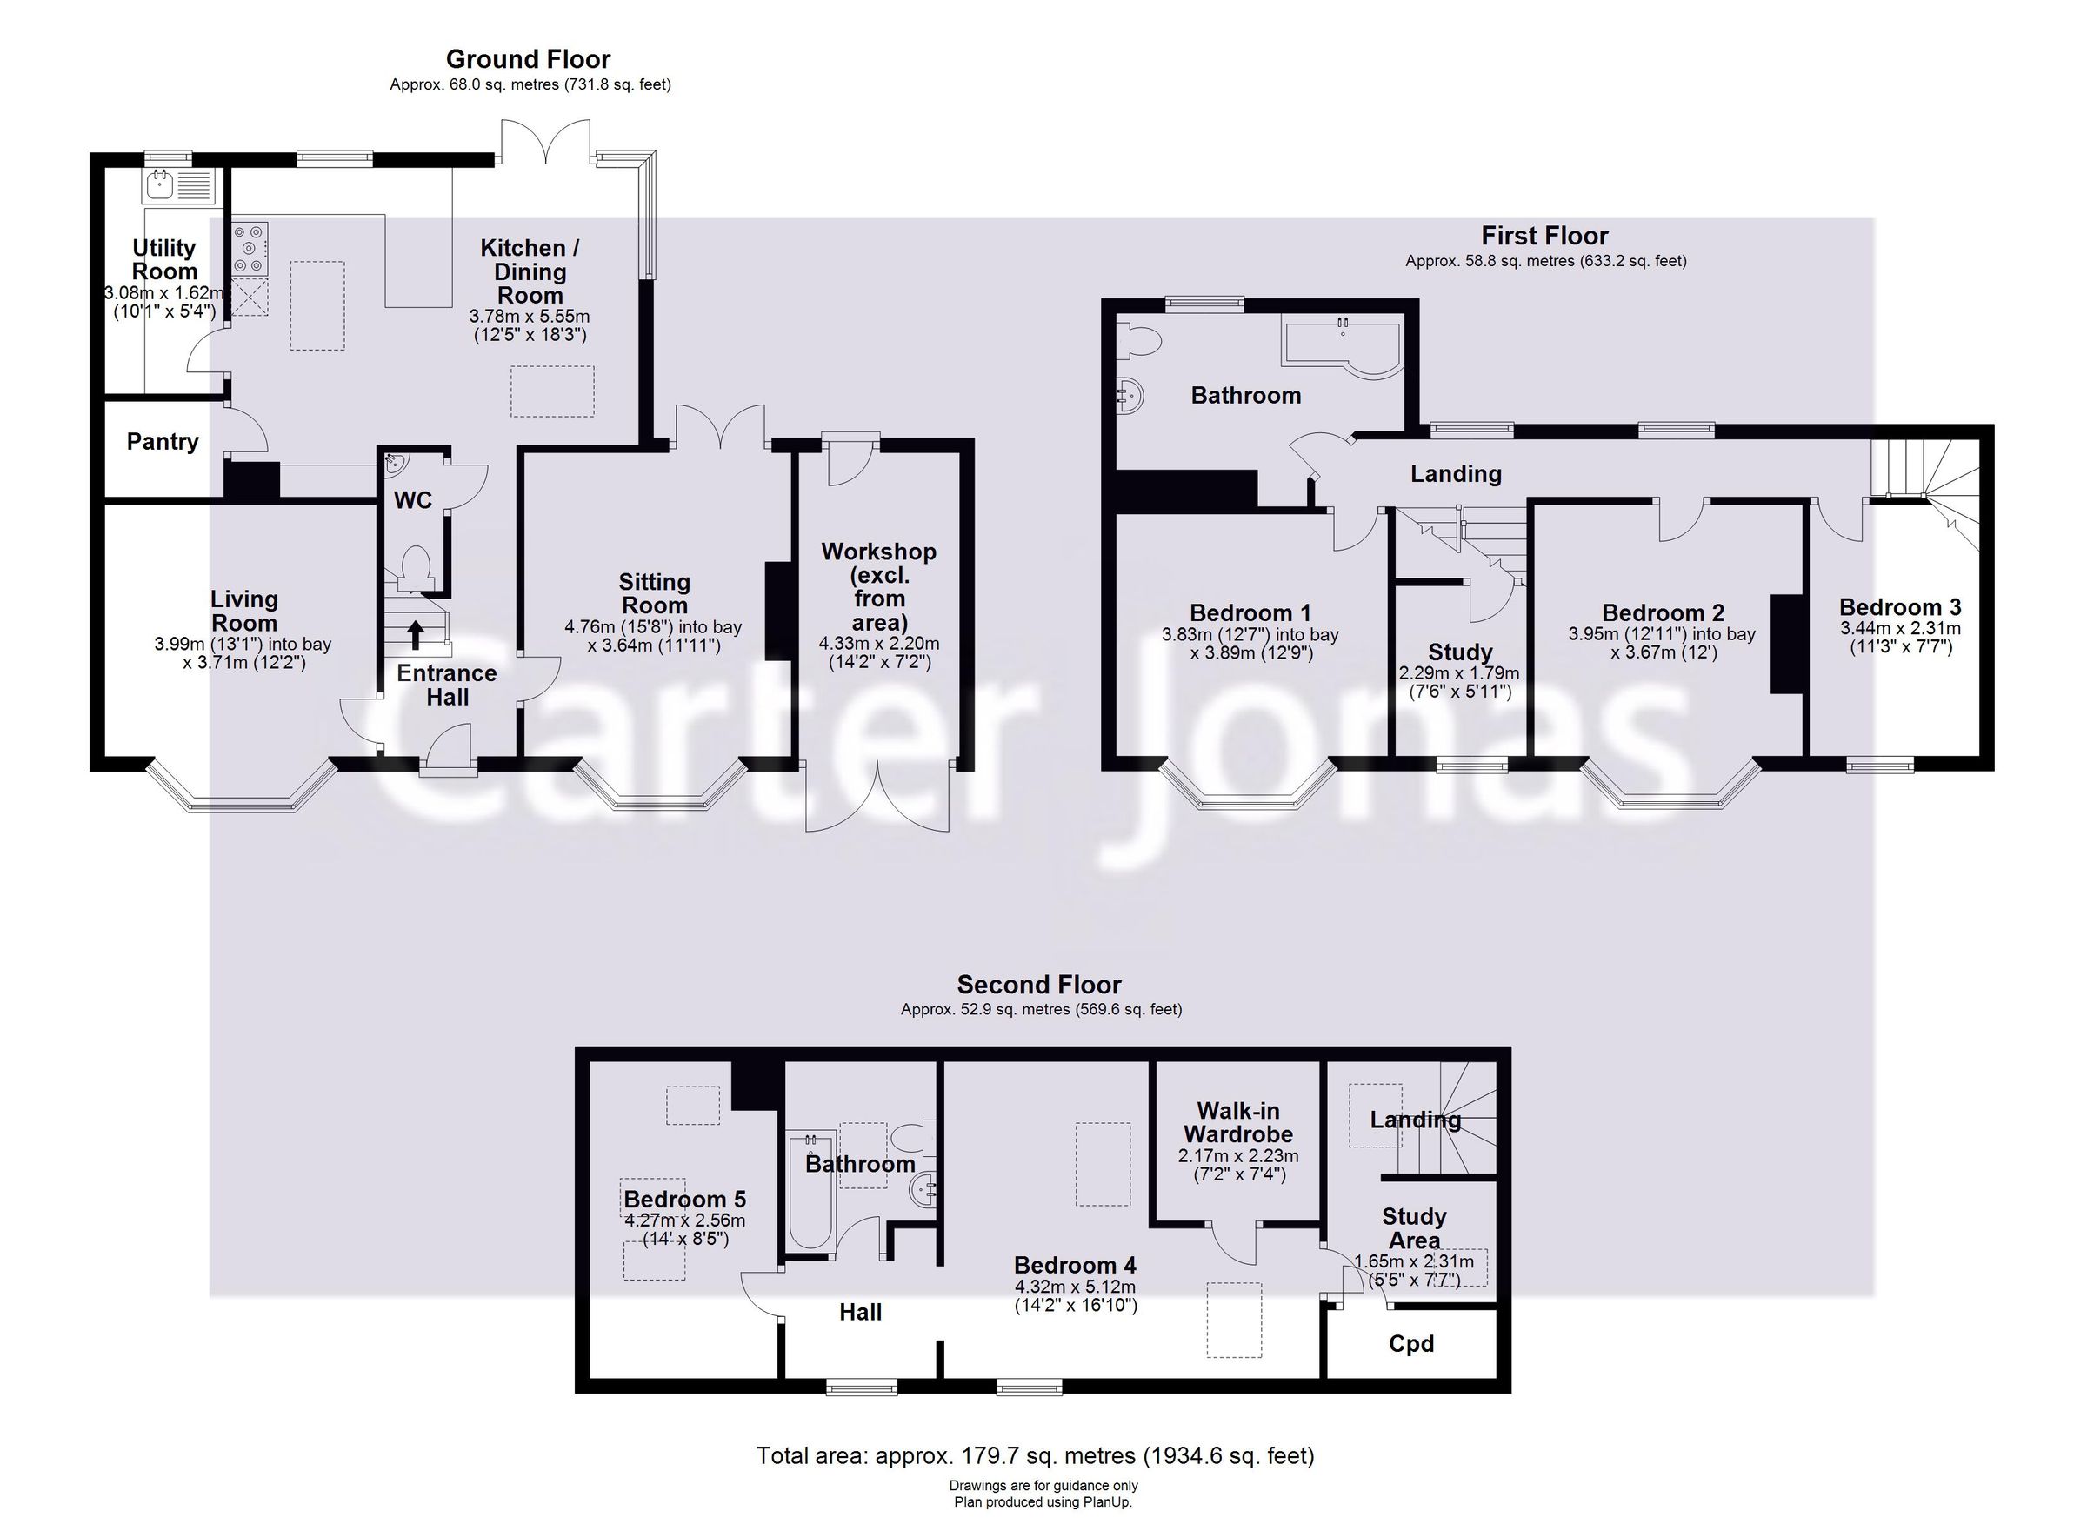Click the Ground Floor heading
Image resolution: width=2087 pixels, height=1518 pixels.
click(528, 60)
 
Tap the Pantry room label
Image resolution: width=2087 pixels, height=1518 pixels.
click(163, 442)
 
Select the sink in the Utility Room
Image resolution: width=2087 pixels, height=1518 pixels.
click(178, 186)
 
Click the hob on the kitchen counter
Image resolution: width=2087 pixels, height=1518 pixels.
click(250, 249)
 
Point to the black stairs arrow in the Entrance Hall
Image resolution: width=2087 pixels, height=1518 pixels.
click(416, 634)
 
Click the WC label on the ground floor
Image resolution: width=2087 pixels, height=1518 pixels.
click(413, 500)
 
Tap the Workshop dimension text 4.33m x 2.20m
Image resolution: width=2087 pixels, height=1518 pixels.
click(879, 644)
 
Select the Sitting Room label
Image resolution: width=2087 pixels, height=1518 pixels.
click(654, 594)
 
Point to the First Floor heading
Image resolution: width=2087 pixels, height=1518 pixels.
click(1545, 236)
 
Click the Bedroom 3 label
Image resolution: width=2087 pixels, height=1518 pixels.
click(1900, 607)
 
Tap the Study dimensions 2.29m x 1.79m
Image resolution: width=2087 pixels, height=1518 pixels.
click(1459, 673)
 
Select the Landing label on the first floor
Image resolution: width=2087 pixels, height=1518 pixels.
click(1456, 474)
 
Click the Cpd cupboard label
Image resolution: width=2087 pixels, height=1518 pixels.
click(1411, 1344)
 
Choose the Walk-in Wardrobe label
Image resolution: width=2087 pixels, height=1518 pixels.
click(1238, 1122)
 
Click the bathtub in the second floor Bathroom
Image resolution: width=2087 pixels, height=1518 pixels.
click(810, 1189)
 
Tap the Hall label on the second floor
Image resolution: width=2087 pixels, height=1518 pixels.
click(860, 1312)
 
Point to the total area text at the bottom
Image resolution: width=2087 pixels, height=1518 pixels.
click(1035, 1456)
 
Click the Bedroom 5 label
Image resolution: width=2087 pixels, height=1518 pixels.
click(684, 1200)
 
